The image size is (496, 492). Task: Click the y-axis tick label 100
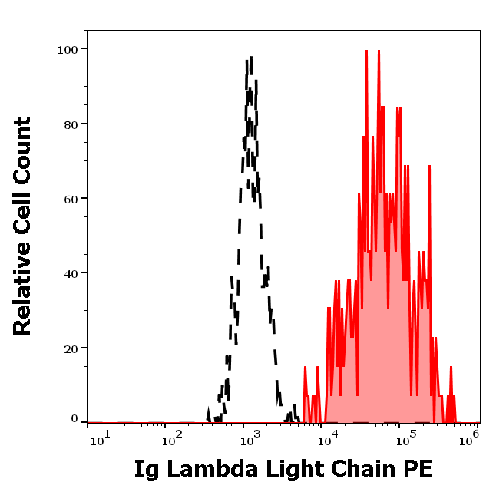tap(68, 49)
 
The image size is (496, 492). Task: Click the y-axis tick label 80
tap(71, 124)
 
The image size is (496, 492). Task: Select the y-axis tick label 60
tap(71, 199)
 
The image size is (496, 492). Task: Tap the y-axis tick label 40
tap(71, 273)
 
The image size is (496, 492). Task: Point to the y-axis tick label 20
tap(71, 348)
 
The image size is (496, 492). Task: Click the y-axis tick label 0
tap(74, 419)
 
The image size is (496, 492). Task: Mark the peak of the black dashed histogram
tap(250, 58)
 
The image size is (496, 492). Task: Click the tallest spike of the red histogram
tap(367, 51)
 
